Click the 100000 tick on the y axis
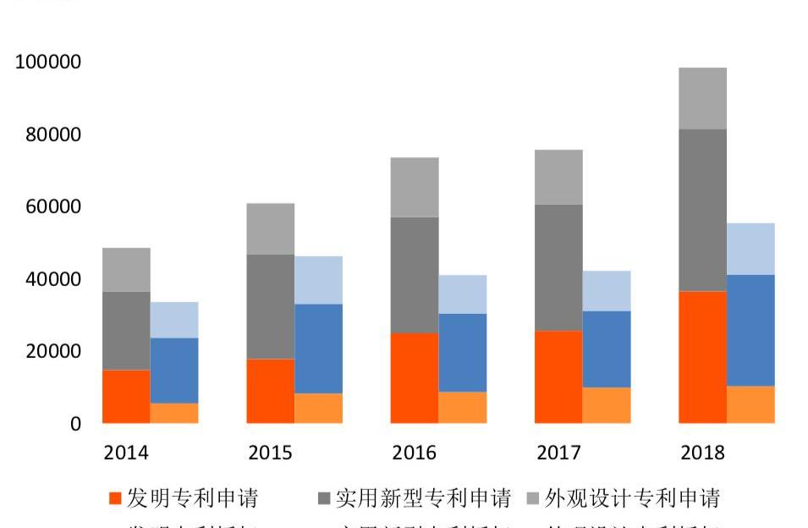48,63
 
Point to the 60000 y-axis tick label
52,207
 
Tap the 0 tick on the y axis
75,424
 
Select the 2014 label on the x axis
126,453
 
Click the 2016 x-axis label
415,453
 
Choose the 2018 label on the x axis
702,453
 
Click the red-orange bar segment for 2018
702,357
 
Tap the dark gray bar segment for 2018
702,210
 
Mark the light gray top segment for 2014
126,270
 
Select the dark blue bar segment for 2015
318,349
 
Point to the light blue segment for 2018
750,249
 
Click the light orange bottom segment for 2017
606,405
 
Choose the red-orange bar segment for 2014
126,396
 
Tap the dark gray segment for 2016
415,275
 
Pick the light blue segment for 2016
462,294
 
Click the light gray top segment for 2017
558,178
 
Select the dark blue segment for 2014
174,371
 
